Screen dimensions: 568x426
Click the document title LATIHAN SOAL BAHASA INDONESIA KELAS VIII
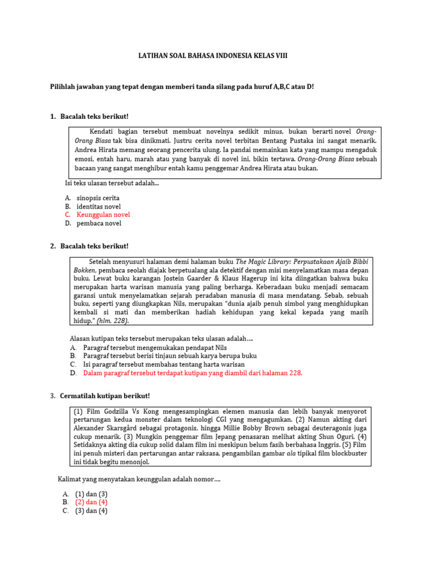click(212, 57)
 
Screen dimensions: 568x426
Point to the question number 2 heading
click(89, 246)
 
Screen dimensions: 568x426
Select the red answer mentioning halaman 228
click(192, 373)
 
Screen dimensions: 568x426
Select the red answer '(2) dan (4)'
click(91, 502)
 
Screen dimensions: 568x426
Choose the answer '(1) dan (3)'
click(91, 494)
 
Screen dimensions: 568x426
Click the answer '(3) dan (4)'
click(91, 511)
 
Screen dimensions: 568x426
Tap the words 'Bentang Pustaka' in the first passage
click(266, 141)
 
